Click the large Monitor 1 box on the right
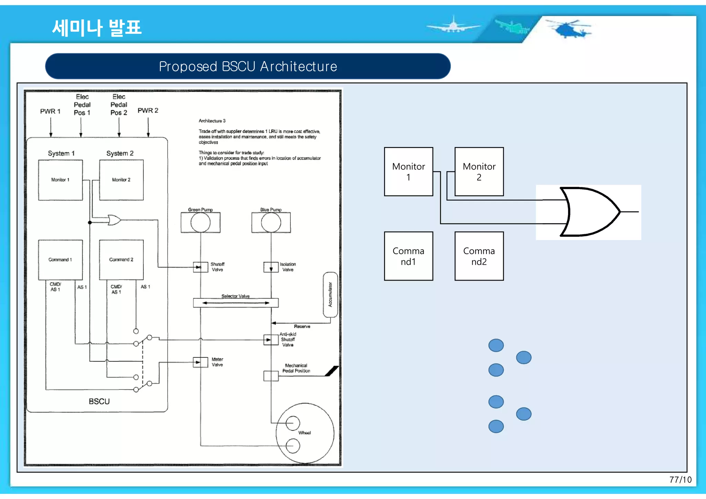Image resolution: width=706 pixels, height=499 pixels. (409, 171)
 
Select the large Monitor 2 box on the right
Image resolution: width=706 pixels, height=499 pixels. (479, 171)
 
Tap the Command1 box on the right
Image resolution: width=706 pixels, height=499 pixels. (409, 256)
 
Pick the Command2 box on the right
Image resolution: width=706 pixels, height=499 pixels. (479, 256)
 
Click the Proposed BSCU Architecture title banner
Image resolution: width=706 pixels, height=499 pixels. (248, 66)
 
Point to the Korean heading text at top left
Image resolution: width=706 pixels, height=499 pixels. (97, 28)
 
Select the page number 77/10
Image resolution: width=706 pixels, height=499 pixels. (680, 480)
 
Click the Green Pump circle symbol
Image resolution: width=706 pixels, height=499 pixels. (200, 222)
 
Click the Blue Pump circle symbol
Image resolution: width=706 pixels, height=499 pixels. (271, 222)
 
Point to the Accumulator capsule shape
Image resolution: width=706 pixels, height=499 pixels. (330, 295)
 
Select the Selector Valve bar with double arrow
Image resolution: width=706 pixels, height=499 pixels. (236, 303)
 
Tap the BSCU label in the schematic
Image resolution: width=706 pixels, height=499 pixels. (99, 402)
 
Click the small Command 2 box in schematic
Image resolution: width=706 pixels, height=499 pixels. (121, 260)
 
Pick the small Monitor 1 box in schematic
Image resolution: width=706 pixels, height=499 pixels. (60, 180)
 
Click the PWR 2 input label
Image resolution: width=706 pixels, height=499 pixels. (148, 111)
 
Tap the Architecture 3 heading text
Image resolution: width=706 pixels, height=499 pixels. (212, 121)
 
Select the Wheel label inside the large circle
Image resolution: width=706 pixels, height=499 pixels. (304, 433)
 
